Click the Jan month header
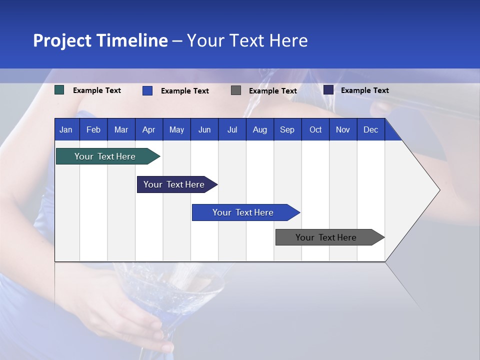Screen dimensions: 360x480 coord(66,130)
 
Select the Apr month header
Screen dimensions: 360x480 coord(149,130)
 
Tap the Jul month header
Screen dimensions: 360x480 coord(232,130)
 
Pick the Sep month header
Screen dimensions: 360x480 coord(287,130)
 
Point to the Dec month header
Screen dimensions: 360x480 coord(370,130)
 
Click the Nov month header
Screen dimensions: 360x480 coord(343,130)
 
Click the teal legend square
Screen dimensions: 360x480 coord(59,90)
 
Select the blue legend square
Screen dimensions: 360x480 coord(147,90)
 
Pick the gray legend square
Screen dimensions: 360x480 coord(236,90)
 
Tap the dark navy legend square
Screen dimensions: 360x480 coord(328,90)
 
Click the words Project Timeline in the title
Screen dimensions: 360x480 coord(100,40)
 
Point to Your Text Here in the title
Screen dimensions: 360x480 coord(247,40)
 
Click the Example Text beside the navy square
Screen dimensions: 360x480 coord(364,90)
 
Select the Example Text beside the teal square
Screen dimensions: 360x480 coord(96,90)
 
